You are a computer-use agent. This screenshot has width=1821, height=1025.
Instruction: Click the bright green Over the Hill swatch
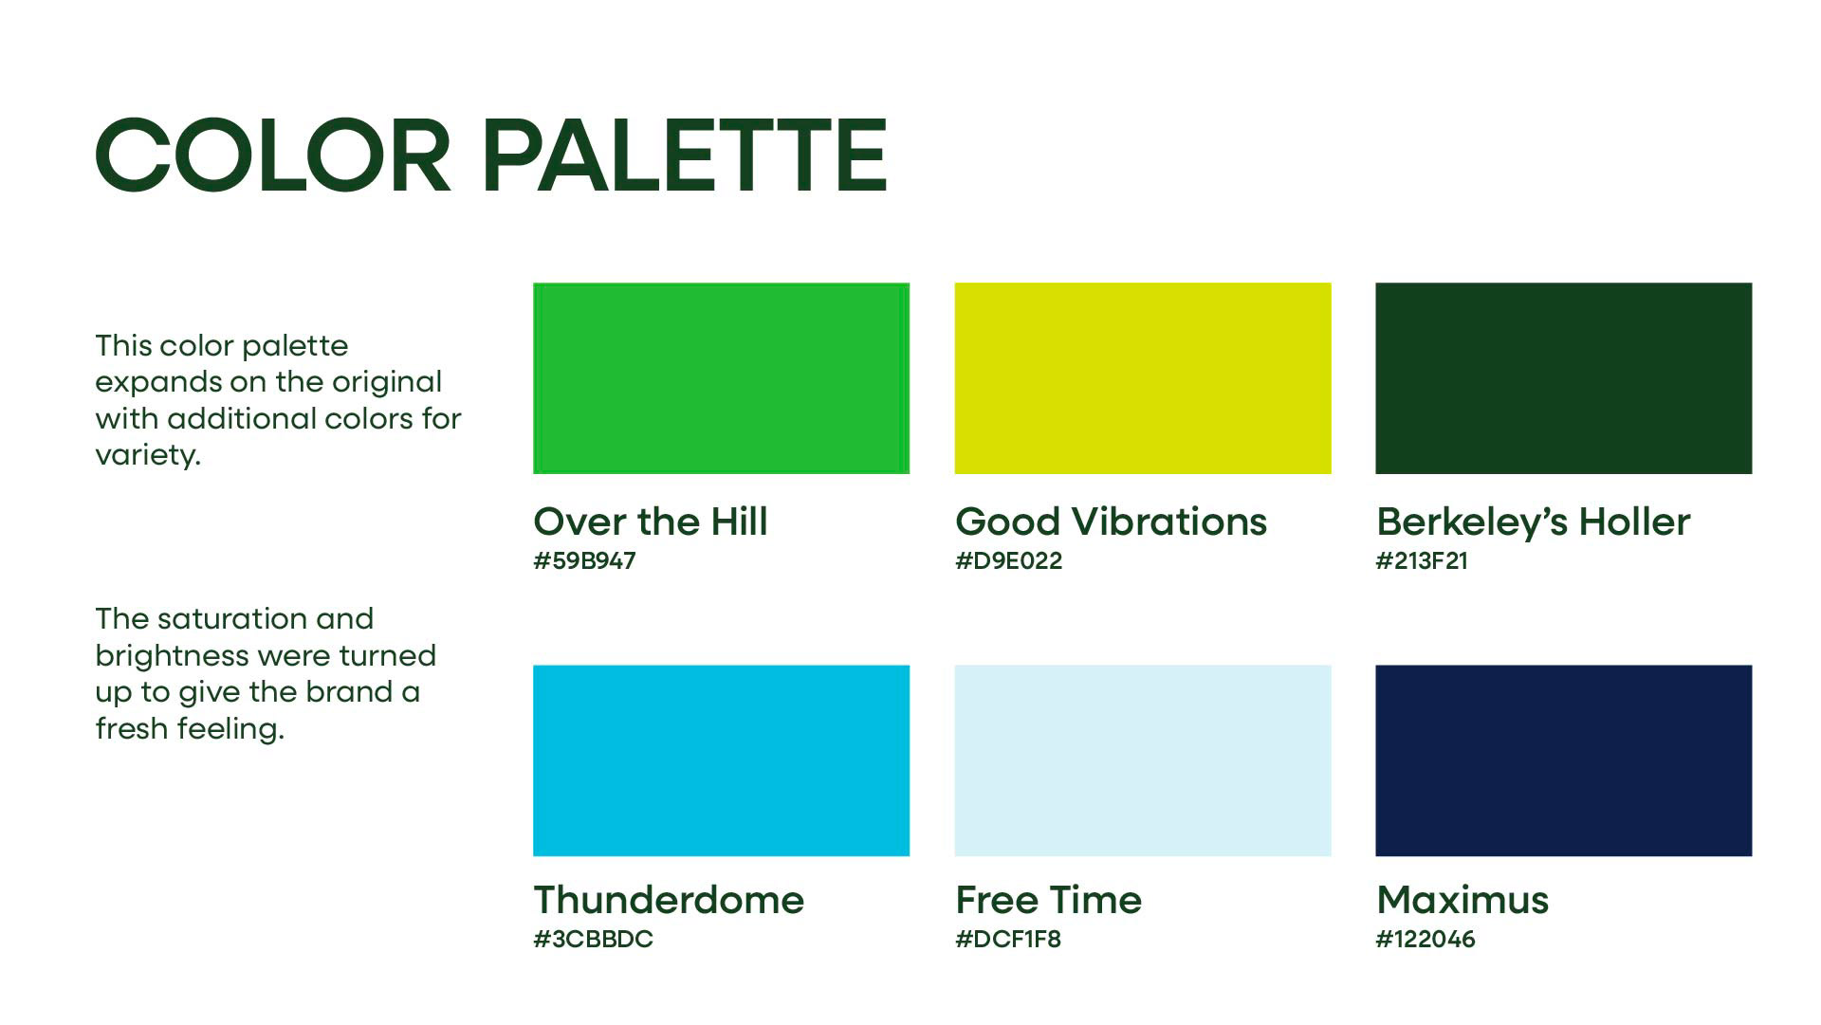pyautogui.click(x=721, y=377)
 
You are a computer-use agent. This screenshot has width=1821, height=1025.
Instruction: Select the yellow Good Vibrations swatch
pyautogui.click(x=1143, y=377)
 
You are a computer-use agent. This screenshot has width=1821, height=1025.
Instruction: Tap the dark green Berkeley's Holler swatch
pyautogui.click(x=1564, y=377)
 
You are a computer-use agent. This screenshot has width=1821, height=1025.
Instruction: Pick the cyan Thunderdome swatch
pyautogui.click(x=721, y=760)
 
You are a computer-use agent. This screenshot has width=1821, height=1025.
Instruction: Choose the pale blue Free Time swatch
pyautogui.click(x=1143, y=760)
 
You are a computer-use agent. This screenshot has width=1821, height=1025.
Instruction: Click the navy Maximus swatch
pyautogui.click(x=1564, y=760)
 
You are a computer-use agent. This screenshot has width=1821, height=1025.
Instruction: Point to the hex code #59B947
pyautogui.click(x=584, y=560)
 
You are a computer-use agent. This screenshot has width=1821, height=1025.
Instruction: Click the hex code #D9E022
pyautogui.click(x=1008, y=560)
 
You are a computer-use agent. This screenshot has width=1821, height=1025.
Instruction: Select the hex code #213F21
pyautogui.click(x=1422, y=560)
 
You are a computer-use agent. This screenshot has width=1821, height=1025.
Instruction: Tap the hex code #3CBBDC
pyautogui.click(x=593, y=939)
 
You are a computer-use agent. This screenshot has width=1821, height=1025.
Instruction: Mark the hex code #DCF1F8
pyautogui.click(x=1007, y=939)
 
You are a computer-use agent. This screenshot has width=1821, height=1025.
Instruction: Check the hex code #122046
pyautogui.click(x=1426, y=939)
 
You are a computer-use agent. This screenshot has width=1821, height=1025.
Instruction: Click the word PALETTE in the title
pyautogui.click(x=685, y=156)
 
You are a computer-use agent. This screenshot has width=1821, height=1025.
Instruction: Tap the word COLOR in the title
pyautogui.click(x=273, y=156)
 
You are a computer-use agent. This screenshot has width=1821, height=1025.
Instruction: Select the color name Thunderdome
pyautogui.click(x=669, y=899)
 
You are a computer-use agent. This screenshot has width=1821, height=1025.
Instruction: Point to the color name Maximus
pyautogui.click(x=1462, y=899)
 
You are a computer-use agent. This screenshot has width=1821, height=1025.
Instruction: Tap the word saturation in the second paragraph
pyautogui.click(x=232, y=618)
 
